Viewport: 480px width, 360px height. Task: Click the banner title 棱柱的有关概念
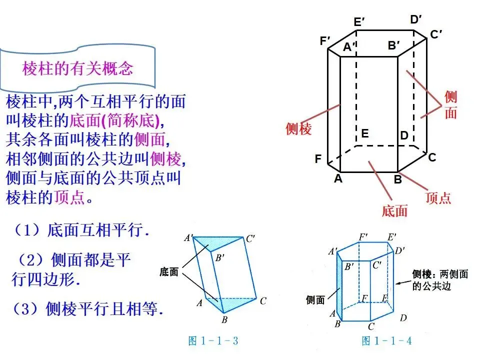point(77,68)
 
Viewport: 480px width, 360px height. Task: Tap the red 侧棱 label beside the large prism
point(298,128)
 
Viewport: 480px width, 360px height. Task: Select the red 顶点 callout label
point(438,197)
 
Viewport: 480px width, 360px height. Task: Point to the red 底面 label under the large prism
point(394,210)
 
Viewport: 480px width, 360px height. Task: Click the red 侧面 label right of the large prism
point(450,105)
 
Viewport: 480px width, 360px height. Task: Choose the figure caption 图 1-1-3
point(213,341)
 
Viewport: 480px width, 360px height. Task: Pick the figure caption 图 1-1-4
point(386,341)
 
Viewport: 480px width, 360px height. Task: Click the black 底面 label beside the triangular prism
point(169,272)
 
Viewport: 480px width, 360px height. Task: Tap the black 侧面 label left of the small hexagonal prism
point(315,300)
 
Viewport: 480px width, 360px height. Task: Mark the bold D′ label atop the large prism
point(416,19)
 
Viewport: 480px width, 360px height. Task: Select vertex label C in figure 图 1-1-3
point(263,300)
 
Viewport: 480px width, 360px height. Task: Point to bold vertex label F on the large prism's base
point(318,159)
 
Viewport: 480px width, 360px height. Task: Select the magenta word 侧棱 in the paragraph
point(165,159)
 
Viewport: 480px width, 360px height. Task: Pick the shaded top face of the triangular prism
point(220,243)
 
